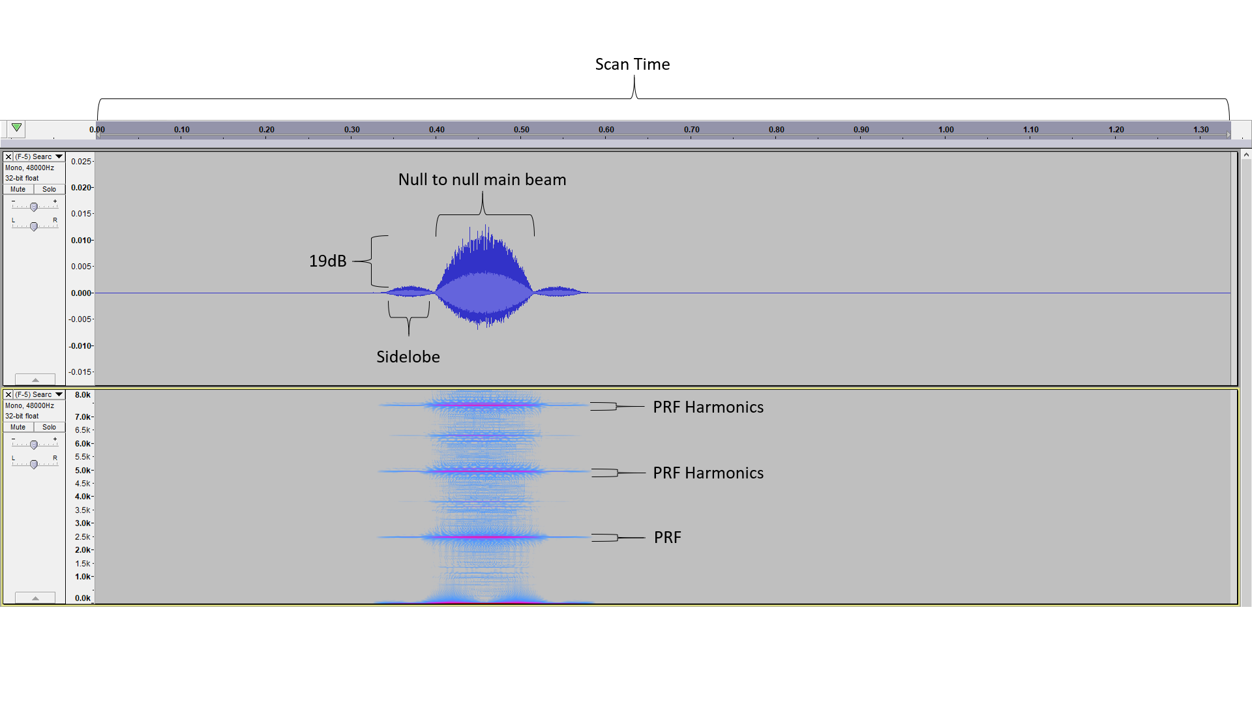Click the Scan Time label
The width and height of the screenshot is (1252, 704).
click(x=633, y=64)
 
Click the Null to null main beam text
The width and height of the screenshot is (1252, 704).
click(x=482, y=179)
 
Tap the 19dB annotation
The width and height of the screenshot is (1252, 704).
click(x=327, y=261)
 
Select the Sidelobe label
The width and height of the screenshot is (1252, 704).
click(x=408, y=357)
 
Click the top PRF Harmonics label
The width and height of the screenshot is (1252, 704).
click(x=708, y=407)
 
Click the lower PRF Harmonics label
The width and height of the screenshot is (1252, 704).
click(x=708, y=473)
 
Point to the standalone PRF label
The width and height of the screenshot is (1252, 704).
click(x=668, y=537)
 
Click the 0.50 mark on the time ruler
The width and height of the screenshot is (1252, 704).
click(x=522, y=130)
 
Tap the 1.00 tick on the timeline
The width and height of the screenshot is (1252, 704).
click(x=946, y=130)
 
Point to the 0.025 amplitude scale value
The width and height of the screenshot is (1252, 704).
click(x=81, y=161)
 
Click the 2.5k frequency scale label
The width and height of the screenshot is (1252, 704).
click(x=83, y=536)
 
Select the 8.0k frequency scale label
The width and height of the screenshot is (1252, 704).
click(x=83, y=395)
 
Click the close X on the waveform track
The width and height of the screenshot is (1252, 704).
click(x=8, y=156)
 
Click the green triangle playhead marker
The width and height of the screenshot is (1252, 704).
click(x=17, y=128)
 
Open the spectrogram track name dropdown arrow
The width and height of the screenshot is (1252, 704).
click(x=59, y=394)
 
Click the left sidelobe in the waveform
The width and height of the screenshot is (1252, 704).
click(x=410, y=292)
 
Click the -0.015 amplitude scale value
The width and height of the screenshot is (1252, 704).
click(x=81, y=372)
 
